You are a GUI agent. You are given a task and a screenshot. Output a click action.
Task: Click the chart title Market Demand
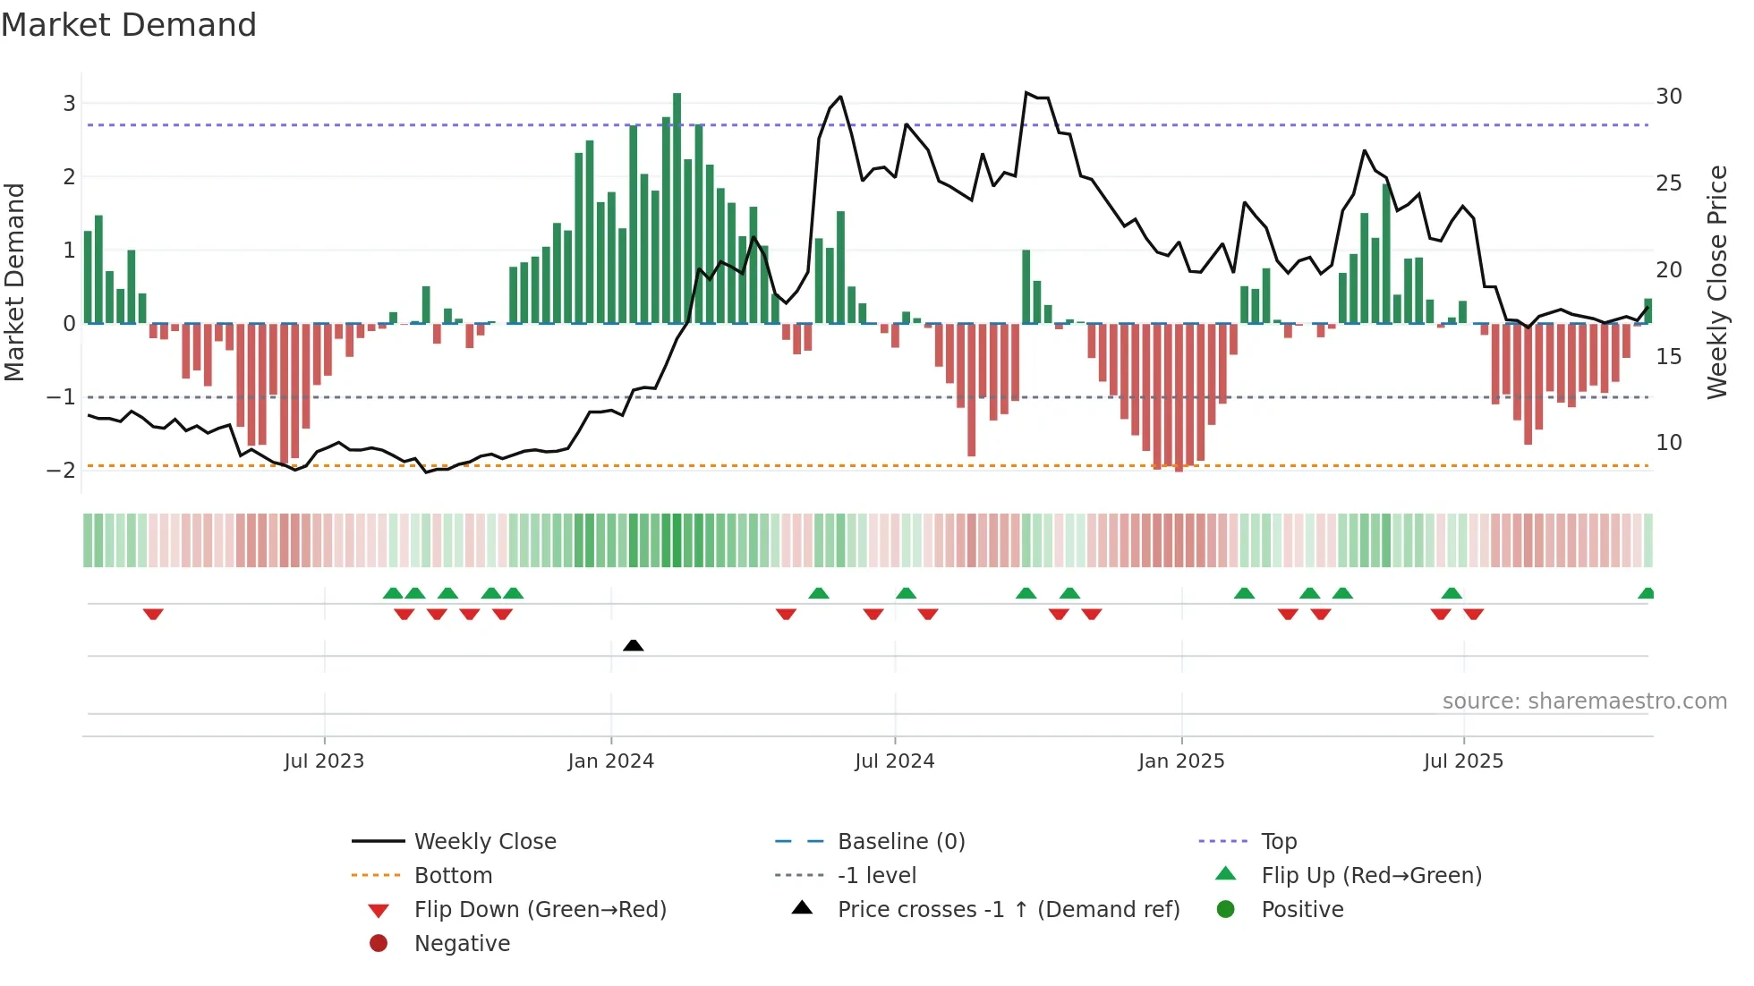click(129, 25)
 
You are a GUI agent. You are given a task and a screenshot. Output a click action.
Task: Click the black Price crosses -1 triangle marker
click(633, 645)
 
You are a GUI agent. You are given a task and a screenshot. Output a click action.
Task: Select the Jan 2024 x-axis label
click(610, 761)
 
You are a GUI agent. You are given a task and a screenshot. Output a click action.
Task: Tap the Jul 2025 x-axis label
click(1463, 761)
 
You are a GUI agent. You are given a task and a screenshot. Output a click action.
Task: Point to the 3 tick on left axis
click(69, 103)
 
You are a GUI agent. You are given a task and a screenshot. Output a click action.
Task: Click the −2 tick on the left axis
click(62, 471)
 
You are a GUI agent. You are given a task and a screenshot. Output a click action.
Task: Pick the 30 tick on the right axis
click(1668, 97)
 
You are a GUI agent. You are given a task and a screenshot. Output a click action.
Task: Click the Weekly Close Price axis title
click(1716, 282)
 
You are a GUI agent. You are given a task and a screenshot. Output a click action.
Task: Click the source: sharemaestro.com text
click(1584, 701)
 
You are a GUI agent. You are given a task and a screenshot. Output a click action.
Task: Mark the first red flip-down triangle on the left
click(153, 614)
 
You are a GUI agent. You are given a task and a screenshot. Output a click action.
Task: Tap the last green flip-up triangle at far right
click(1646, 593)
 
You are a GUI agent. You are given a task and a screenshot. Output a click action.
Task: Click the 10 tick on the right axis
click(1668, 443)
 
